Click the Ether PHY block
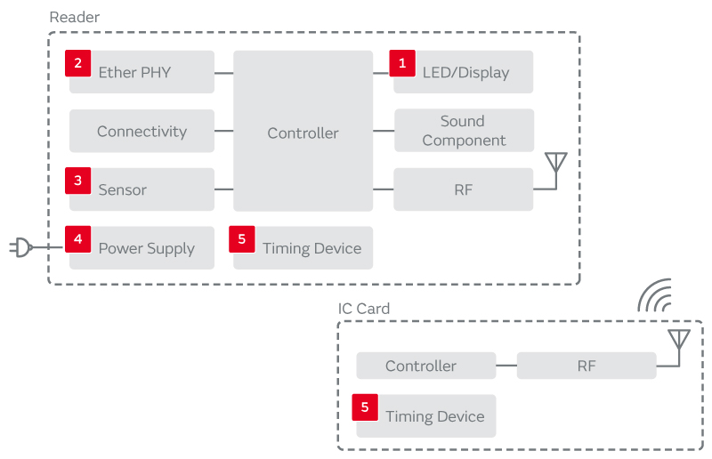click(x=142, y=72)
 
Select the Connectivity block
click(x=142, y=131)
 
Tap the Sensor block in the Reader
click(x=142, y=189)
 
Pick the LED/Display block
click(x=464, y=72)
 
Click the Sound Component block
click(x=464, y=131)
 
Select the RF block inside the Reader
click(x=464, y=189)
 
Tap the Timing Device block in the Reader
click(x=303, y=248)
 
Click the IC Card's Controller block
click(x=425, y=366)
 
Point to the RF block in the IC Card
click(x=587, y=366)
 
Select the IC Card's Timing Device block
click(x=425, y=416)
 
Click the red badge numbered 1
click(x=402, y=62)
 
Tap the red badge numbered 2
click(x=78, y=62)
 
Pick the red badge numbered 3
click(x=78, y=180)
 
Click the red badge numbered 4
click(x=78, y=238)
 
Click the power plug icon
click(x=21, y=247)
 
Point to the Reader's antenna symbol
click(x=555, y=165)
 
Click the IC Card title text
click(x=364, y=309)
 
